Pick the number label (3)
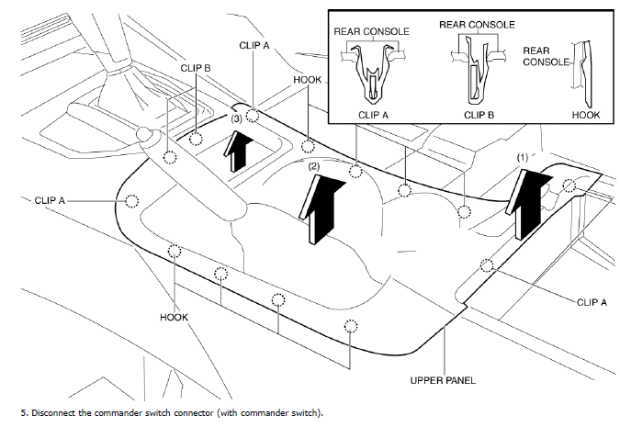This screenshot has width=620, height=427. point(236,119)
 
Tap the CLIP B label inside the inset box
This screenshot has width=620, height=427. point(479,116)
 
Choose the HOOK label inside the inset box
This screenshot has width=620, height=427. point(585,116)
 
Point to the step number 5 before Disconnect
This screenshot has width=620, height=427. point(21,412)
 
